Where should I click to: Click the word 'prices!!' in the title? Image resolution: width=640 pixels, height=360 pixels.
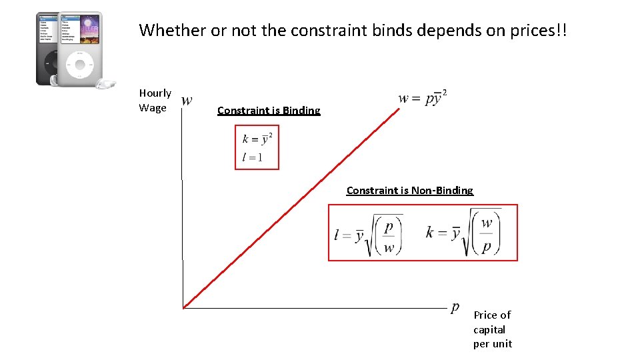pos(534,30)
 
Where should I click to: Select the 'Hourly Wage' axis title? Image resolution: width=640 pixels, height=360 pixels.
pos(155,100)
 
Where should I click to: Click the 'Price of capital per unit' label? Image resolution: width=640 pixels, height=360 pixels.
pos(492,329)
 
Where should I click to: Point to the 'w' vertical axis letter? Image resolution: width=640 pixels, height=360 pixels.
pos(187,101)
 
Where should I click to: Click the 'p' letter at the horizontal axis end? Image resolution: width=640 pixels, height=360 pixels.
pos(455,307)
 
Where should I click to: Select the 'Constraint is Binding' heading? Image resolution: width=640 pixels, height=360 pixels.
pos(269,111)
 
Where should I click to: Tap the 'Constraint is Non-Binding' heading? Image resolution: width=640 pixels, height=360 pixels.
pos(409,191)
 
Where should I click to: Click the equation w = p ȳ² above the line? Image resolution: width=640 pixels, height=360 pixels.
pos(423,98)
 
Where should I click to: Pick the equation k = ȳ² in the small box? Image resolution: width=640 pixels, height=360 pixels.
pos(257,139)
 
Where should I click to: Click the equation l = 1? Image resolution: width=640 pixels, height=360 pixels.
pos(252,158)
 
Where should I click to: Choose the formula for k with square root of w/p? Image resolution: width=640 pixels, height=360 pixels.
pos(463,233)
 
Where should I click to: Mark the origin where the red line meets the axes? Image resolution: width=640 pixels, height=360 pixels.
pos(183,307)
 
